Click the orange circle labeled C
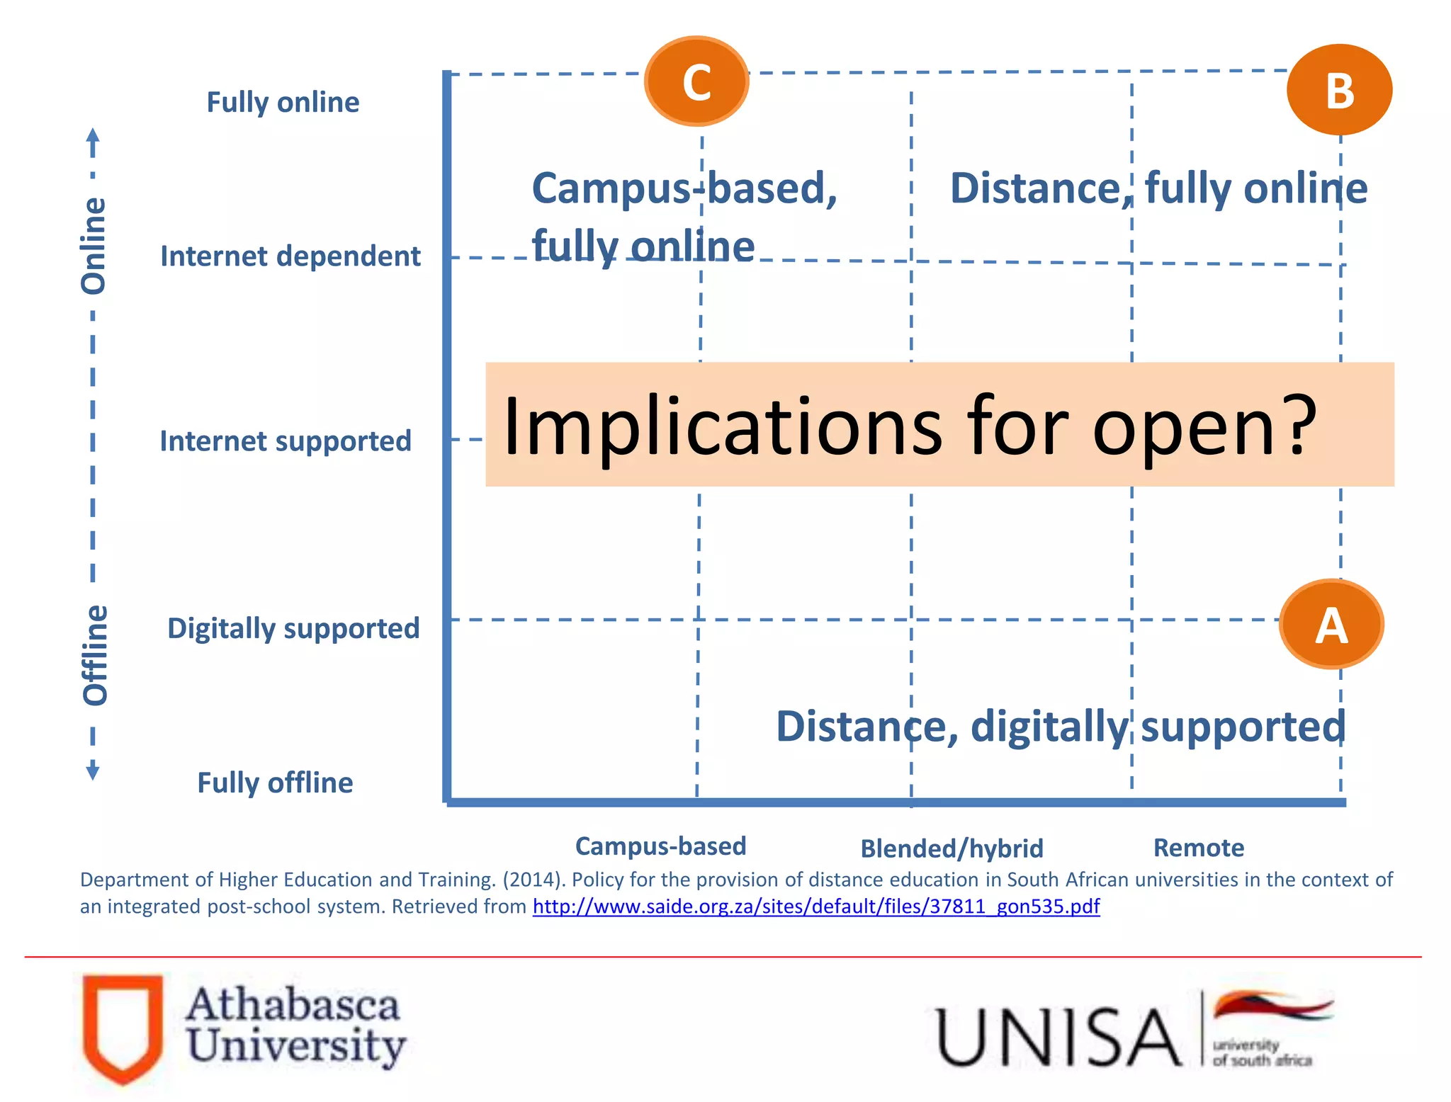(696, 81)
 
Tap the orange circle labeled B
(1339, 90)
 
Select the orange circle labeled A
(1331, 625)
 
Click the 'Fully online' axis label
(283, 103)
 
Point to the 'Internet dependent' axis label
(290, 256)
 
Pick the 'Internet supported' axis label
(286, 441)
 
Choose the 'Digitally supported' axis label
(293, 629)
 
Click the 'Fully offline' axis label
(275, 783)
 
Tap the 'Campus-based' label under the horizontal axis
(660, 846)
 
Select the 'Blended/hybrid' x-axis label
(952, 848)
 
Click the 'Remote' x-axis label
(1199, 848)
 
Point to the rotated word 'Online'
(94, 246)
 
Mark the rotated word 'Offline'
(95, 655)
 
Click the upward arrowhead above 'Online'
(93, 135)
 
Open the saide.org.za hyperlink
(816, 907)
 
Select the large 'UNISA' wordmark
(1058, 1038)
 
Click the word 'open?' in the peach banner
(1204, 427)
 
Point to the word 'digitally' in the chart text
(1049, 727)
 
